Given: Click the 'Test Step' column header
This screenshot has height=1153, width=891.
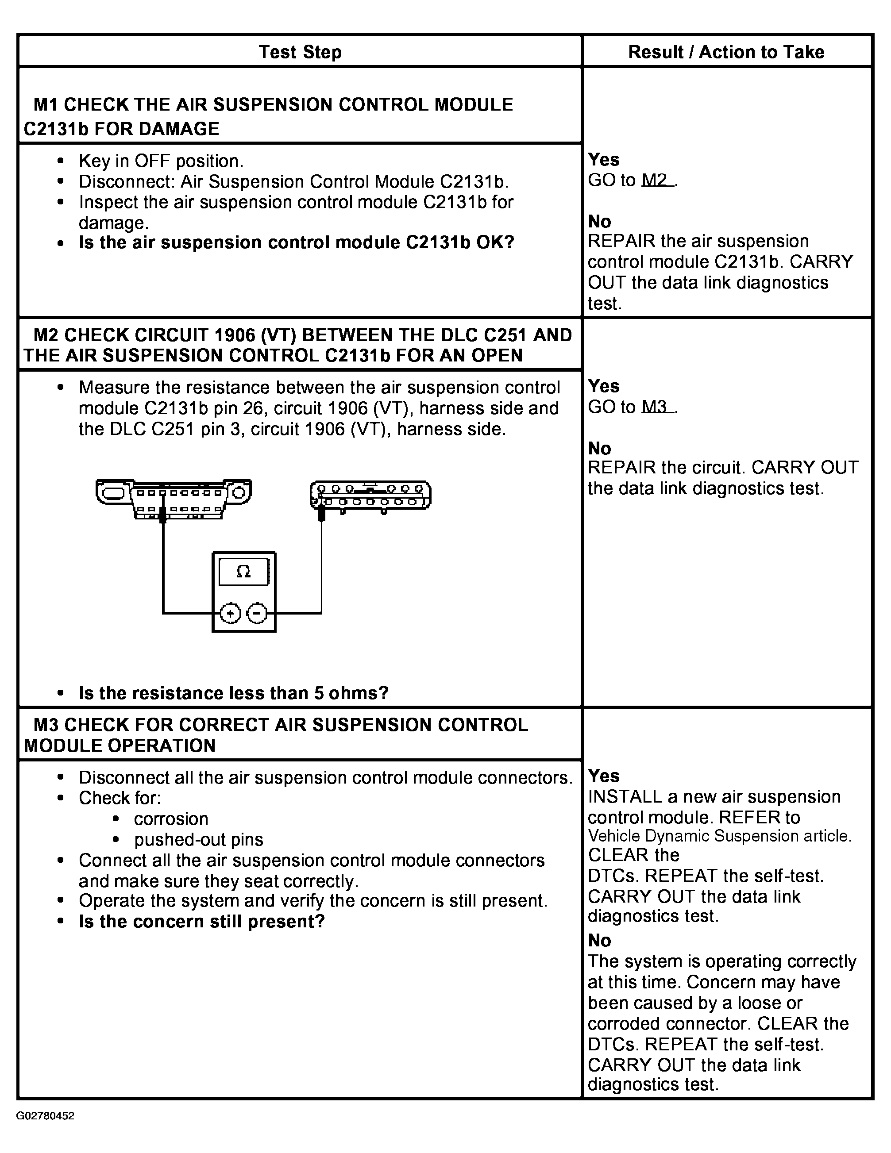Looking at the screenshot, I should (300, 52).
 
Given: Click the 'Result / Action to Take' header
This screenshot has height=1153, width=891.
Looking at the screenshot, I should (726, 52).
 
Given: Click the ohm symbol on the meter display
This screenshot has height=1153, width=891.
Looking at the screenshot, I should (243, 571).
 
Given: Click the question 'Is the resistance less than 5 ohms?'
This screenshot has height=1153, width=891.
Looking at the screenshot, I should (233, 693).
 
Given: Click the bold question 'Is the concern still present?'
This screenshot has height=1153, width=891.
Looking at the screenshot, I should (202, 921).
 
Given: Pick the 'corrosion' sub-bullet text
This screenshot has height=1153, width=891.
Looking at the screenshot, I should (171, 819).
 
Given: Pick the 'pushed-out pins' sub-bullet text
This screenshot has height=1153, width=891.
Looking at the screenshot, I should (199, 839).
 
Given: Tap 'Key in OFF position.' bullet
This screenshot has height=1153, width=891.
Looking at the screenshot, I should (161, 161).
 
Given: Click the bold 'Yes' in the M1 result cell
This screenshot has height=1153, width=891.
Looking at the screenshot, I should (604, 159).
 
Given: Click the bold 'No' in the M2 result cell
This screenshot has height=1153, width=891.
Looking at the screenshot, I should (599, 448).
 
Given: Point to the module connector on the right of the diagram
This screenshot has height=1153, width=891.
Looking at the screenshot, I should (370, 495).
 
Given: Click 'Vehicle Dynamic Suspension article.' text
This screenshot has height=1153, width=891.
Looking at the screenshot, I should (719, 836).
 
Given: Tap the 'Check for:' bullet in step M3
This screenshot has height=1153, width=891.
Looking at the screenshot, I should (120, 798).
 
